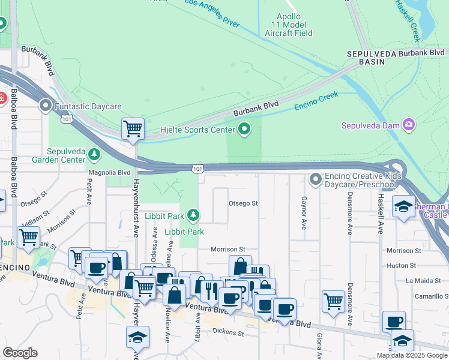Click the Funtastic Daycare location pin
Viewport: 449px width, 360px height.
pos(46,106)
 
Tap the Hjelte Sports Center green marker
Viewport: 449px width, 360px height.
pos(244,128)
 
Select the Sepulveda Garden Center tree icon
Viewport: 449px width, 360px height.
pos(94,155)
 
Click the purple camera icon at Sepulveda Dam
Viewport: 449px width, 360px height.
pos(409,125)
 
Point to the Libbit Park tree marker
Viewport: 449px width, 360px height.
pos(193,214)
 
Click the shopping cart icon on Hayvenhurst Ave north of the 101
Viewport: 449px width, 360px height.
pos(133,128)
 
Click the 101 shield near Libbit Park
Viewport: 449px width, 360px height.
pos(197,170)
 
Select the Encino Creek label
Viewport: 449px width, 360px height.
pos(316,101)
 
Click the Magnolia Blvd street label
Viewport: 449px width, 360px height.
pos(109,172)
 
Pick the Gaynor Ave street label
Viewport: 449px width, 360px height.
pos(304,214)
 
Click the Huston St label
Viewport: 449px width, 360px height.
pos(401,265)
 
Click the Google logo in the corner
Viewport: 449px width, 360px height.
pos(20,352)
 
